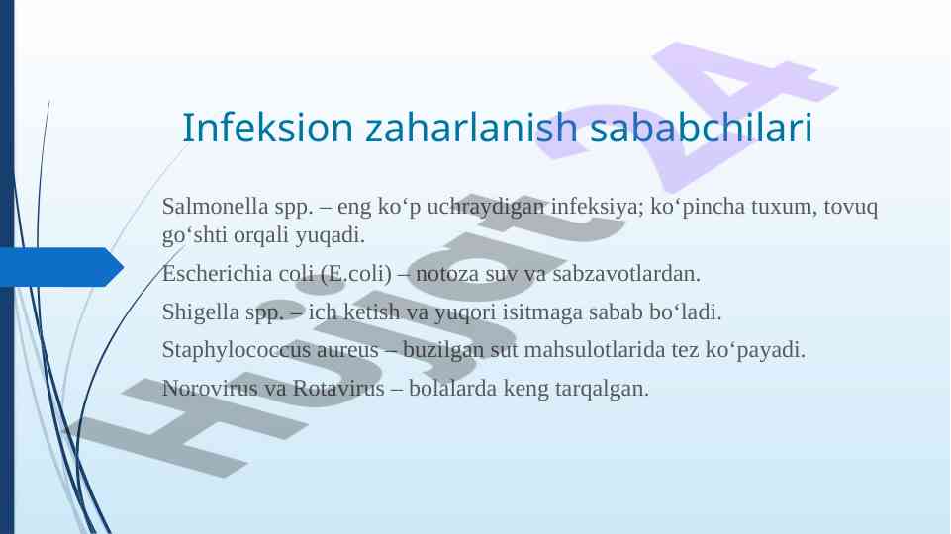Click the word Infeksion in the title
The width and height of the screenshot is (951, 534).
267,128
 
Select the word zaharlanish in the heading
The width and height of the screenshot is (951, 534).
471,128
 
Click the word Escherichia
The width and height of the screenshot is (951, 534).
217,273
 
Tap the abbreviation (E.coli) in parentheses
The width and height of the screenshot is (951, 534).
356,273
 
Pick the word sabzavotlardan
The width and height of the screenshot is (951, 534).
626,273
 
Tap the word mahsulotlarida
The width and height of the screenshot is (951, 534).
595,350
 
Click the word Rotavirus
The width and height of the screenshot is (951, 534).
338,388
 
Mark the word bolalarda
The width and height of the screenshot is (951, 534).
453,388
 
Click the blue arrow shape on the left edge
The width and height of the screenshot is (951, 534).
60,267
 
